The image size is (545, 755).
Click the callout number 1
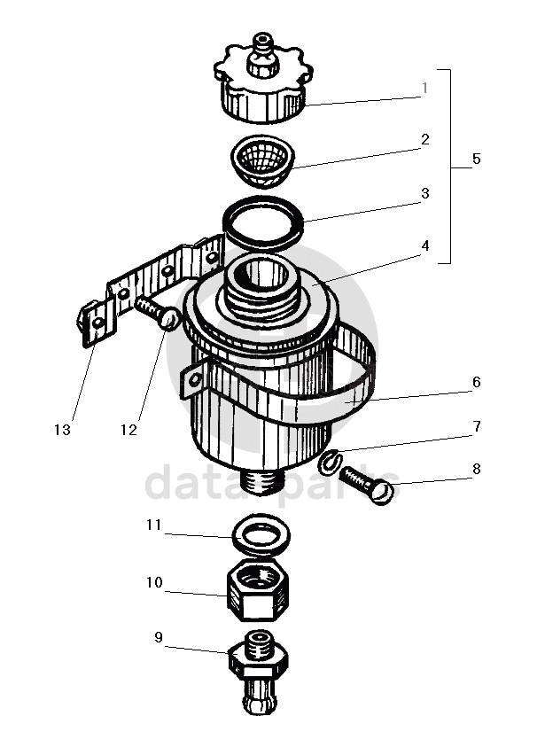(424, 88)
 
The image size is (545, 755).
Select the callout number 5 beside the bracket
(476, 159)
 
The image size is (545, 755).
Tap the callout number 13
(62, 430)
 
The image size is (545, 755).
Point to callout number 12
(128, 430)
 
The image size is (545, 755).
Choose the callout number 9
(159, 637)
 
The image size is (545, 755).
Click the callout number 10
(154, 582)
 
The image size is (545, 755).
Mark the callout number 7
(477, 426)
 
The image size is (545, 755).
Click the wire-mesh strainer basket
(261, 160)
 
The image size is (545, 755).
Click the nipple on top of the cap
(263, 54)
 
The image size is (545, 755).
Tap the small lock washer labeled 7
(330, 460)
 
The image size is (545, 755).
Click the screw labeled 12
(159, 312)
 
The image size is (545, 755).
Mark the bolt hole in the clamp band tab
(194, 380)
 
